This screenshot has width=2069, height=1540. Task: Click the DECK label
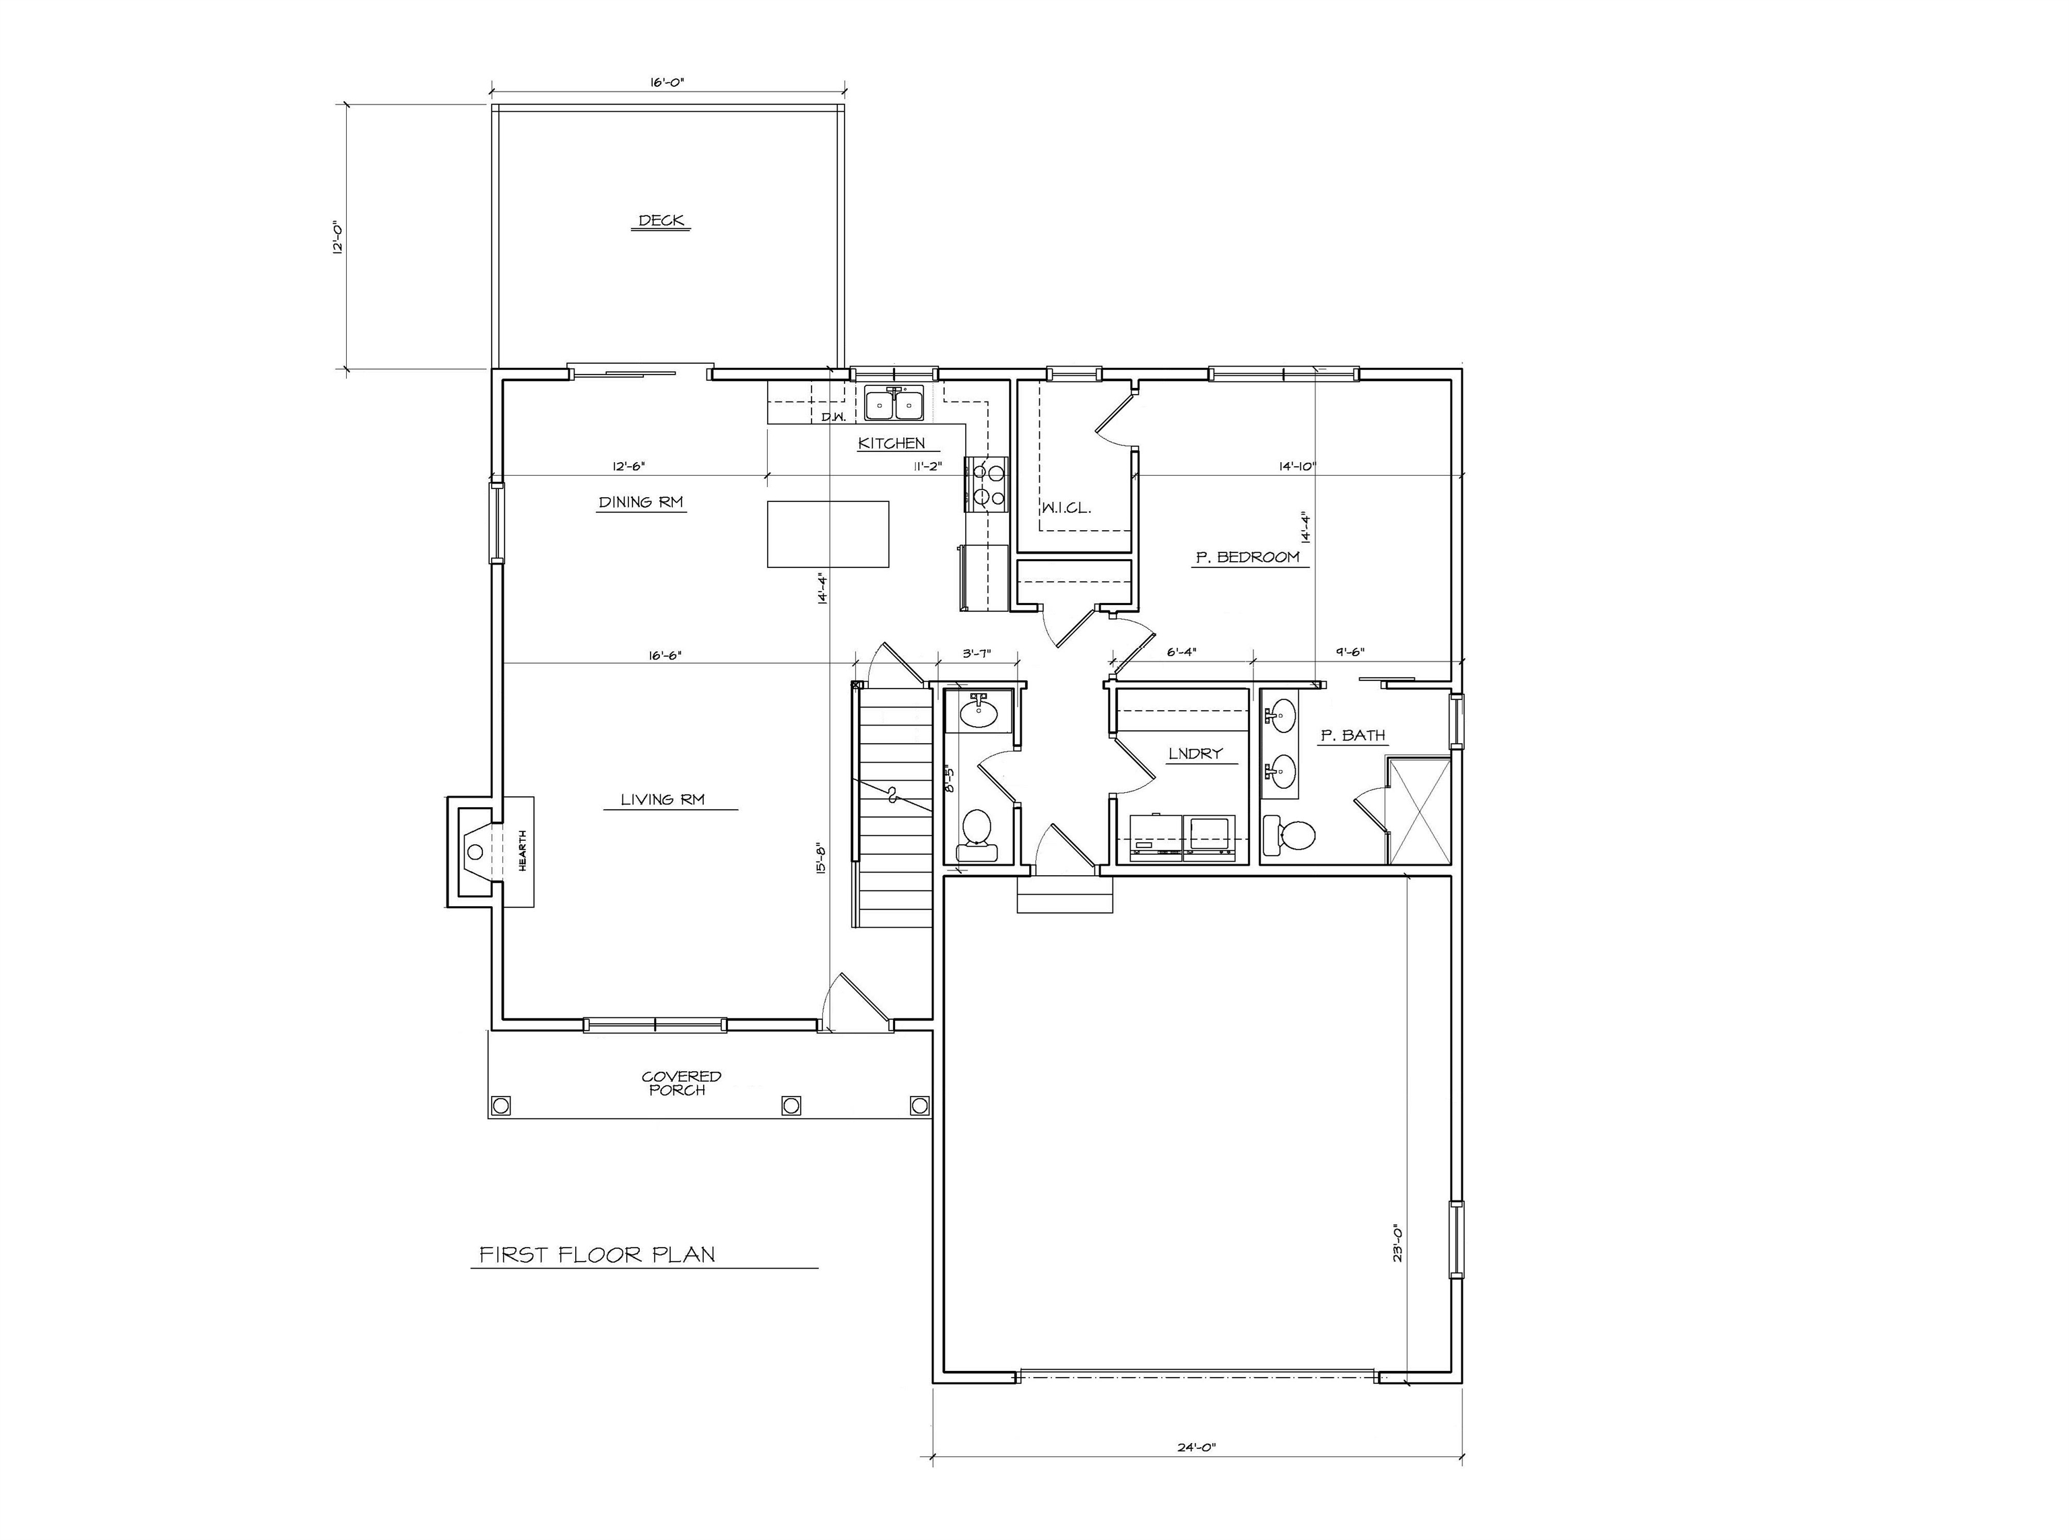point(661,221)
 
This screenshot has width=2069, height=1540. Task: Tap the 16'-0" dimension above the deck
point(667,82)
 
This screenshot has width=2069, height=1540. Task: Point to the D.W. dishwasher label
point(833,418)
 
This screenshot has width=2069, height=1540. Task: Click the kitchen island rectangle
point(828,534)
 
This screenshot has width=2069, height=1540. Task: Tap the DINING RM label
point(641,503)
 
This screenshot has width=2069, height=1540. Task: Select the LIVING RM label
point(663,800)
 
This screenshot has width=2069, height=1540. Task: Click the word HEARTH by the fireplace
point(523,850)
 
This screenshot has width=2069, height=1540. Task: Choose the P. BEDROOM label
point(1247,557)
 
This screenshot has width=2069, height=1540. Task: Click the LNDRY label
point(1195,753)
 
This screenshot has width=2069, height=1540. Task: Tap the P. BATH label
point(1352,736)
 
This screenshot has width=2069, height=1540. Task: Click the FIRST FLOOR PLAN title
point(597,1255)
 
